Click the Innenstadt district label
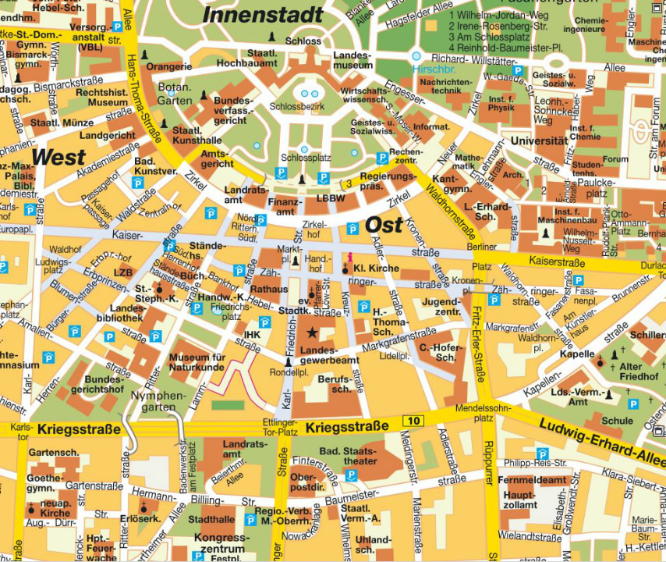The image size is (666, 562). pos(263,14)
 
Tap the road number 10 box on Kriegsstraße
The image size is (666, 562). pos(413,421)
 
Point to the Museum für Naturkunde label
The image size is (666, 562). pos(197,364)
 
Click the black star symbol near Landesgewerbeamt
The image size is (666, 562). pos(312,333)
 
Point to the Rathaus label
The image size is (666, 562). pos(269,290)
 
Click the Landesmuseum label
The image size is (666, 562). pos(353,61)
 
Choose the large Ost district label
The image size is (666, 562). pos(384,225)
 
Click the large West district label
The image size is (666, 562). pos(58,157)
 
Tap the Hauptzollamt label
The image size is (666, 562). pos(519,500)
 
